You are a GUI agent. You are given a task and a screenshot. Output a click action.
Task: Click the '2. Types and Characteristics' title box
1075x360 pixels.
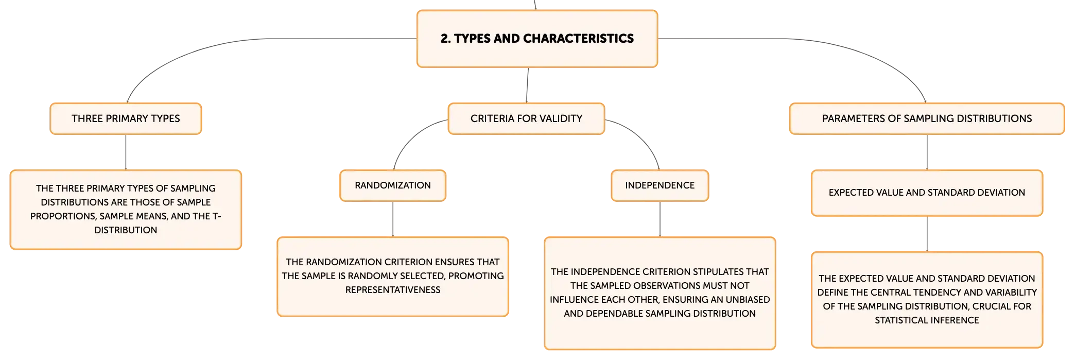537,39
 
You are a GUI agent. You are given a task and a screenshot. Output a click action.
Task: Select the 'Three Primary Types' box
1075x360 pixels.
126,118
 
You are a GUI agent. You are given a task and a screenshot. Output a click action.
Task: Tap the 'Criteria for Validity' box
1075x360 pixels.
526,118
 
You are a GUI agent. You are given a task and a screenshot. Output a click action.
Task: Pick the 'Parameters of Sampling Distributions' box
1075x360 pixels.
927,118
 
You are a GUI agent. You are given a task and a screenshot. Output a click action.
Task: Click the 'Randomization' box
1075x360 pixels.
393,185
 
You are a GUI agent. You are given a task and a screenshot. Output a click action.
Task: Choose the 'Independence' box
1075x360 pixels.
660,185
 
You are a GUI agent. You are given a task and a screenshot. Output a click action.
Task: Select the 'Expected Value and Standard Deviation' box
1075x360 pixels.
927,193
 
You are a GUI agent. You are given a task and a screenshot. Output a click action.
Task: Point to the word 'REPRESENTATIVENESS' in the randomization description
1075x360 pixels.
393,290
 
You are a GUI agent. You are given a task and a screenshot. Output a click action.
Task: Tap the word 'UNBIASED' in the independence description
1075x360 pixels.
747,300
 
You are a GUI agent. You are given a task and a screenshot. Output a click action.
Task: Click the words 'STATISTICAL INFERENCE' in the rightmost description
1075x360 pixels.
927,320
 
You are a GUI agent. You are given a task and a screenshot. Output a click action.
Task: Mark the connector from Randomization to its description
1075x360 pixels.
393,219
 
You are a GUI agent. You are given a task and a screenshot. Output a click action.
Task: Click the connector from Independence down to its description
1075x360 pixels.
660,219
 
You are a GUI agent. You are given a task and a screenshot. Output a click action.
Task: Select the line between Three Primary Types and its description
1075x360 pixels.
126,152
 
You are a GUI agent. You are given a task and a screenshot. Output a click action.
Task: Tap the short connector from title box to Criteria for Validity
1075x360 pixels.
527,85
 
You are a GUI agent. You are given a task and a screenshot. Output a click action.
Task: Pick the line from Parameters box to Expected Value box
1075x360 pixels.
927,152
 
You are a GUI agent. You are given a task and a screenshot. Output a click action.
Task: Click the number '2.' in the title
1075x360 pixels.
445,39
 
